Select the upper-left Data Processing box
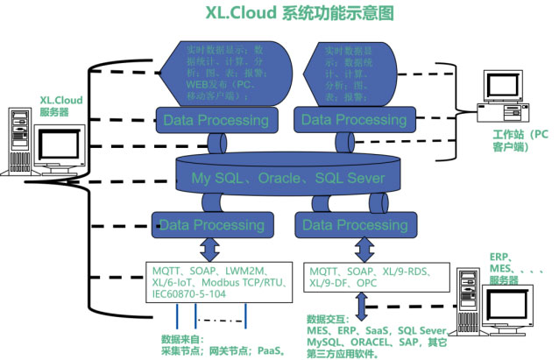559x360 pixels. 215,119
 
